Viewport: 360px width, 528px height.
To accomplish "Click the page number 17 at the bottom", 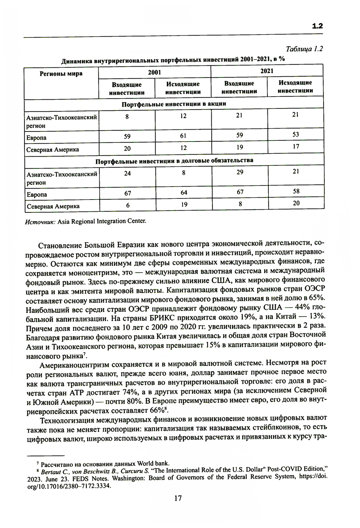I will click(178, 498).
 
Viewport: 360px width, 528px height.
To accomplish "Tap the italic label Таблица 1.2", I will click(304, 49).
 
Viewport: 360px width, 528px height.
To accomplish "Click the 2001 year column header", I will click(154, 72).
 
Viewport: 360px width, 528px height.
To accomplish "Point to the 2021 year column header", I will click(267, 71).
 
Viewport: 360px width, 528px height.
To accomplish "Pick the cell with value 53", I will click(296, 134).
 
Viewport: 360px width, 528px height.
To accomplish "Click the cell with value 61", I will click(183, 136).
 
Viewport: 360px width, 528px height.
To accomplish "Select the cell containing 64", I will click(184, 192).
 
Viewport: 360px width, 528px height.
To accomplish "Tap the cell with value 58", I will click(296, 191).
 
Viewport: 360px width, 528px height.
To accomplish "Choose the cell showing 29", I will click(240, 172).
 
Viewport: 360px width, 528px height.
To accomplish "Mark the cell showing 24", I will click(127, 173).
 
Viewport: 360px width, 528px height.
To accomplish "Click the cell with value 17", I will click(296, 147).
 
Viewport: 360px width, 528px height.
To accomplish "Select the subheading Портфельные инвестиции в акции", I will click(174, 104).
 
